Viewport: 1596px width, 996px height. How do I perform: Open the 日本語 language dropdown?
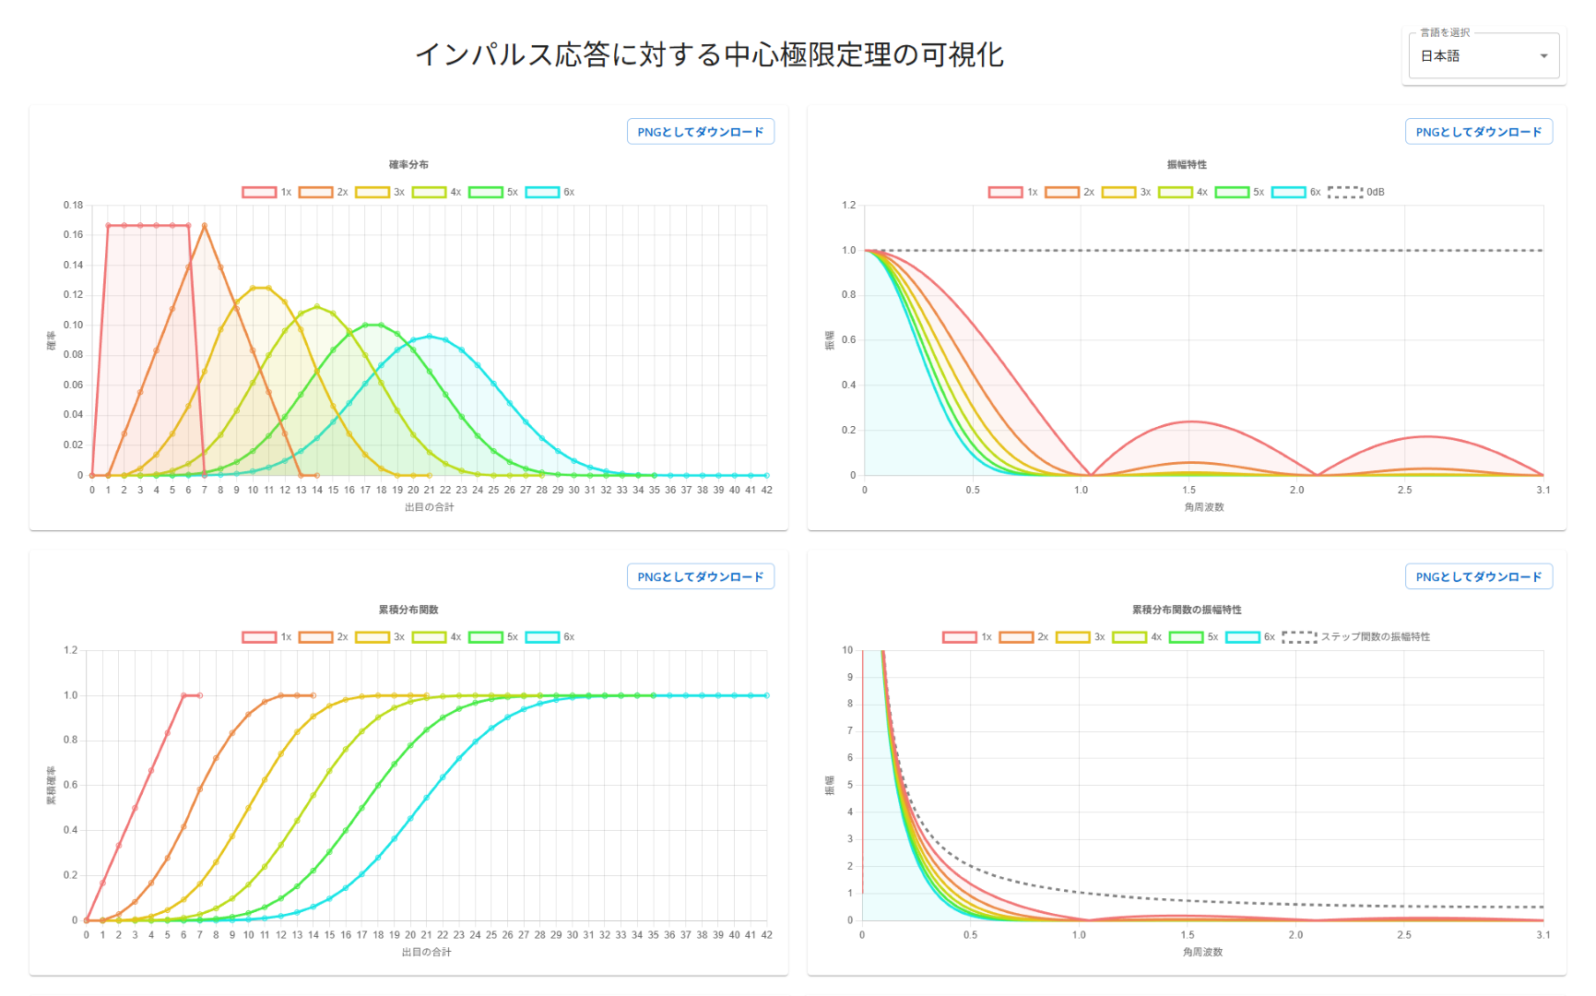tap(1483, 56)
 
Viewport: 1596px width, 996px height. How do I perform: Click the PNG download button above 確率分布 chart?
tap(700, 132)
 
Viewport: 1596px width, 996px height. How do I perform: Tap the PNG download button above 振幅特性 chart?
tap(1478, 132)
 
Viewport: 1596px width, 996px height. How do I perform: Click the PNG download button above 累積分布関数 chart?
tap(700, 576)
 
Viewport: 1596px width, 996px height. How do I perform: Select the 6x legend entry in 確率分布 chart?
tap(550, 192)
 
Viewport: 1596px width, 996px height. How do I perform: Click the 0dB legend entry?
tap(1356, 192)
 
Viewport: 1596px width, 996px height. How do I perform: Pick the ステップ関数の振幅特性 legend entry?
tap(1356, 636)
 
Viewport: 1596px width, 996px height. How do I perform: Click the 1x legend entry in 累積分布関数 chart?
tap(267, 636)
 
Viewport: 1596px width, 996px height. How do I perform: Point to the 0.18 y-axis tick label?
tap(73, 205)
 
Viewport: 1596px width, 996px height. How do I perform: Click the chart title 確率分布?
tap(408, 164)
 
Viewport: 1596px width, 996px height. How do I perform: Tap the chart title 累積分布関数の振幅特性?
tap(1187, 610)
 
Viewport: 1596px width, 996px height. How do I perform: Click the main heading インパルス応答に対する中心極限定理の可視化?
tap(709, 54)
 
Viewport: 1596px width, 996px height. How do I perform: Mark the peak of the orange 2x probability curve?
tap(205, 225)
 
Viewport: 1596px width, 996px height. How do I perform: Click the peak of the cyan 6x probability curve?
tap(429, 337)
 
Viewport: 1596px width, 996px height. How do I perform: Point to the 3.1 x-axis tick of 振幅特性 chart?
tap(1543, 490)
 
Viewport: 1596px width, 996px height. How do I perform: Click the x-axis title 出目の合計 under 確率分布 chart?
tap(429, 507)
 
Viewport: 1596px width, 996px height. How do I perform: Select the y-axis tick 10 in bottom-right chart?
tap(847, 650)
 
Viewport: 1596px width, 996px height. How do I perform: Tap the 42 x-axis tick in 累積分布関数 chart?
tap(766, 935)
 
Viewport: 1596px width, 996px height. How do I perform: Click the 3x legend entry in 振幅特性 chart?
tap(1126, 192)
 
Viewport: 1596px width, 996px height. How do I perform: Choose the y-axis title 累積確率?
tap(52, 785)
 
